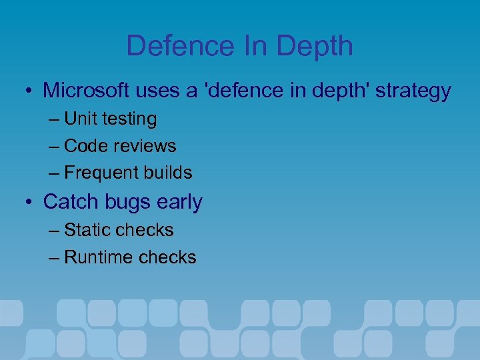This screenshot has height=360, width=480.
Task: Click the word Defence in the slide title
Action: click(x=171, y=46)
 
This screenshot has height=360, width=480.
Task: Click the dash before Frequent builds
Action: click(x=54, y=173)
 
